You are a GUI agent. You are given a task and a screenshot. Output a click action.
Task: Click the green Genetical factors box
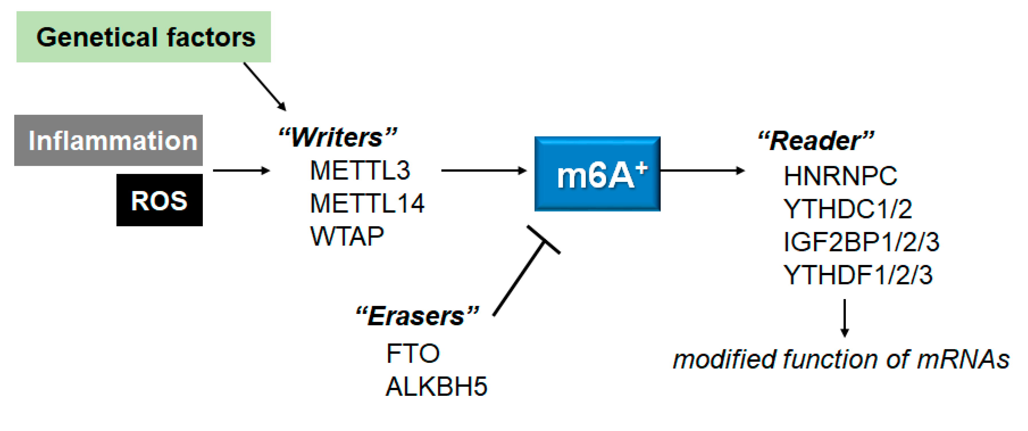(x=144, y=37)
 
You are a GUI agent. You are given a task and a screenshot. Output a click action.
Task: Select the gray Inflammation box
(x=109, y=141)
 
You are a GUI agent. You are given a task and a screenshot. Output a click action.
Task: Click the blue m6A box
(x=597, y=174)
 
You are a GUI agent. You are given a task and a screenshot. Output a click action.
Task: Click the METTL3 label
(x=360, y=170)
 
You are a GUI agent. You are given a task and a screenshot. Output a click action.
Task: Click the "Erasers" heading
(x=417, y=316)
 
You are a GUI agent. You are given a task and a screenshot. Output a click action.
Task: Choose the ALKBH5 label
(x=436, y=387)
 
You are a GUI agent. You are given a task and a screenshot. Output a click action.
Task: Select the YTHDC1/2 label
(x=848, y=209)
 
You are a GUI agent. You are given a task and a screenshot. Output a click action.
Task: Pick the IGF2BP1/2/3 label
(x=862, y=242)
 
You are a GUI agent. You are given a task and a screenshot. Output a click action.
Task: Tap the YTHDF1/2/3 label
(x=858, y=275)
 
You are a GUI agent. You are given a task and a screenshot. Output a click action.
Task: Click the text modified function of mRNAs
(x=841, y=359)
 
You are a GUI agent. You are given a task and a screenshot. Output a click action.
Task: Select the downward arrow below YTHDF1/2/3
(x=845, y=318)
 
